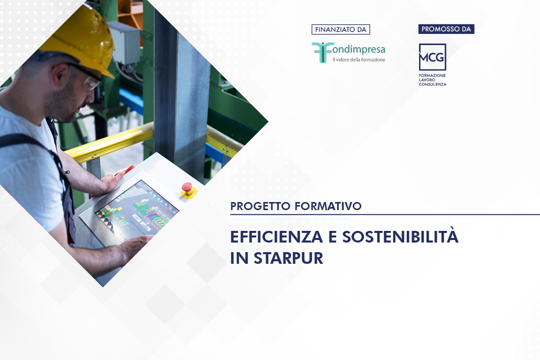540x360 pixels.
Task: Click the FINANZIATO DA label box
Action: point(341,29)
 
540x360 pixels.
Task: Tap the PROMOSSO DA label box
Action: point(446,29)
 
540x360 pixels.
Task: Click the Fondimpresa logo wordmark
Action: point(356,50)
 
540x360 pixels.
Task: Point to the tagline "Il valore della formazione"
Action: point(358,60)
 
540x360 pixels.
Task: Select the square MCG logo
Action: point(432,57)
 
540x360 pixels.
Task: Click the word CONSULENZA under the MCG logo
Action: point(433,84)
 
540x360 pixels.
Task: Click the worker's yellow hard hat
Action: point(81,35)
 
